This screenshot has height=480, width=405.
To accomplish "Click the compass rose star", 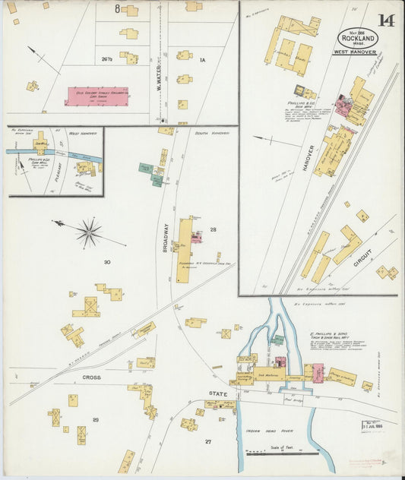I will pos(89,232).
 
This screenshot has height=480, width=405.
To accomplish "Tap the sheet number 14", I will pos(388,21).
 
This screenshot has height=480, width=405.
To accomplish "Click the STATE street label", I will pos(219,393).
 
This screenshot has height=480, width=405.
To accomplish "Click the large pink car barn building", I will pos(100,96).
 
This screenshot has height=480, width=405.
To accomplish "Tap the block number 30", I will pos(107,262).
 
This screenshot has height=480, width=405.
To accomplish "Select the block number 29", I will pos(95,419).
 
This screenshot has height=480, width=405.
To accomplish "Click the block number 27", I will pos(207,441).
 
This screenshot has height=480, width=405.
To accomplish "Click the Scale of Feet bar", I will pos(283,453).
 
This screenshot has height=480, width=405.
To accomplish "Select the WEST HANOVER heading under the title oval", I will pos(355,52).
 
